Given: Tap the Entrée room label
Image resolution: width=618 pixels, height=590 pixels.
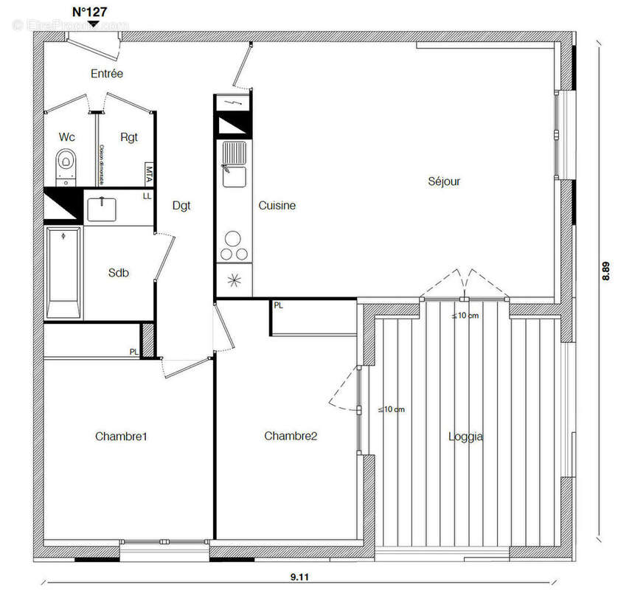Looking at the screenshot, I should pyautogui.click(x=107, y=74).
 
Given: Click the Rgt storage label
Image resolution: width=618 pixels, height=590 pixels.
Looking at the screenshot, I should pyautogui.click(x=129, y=137).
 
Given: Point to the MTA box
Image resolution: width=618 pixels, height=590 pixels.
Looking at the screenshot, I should pyautogui.click(x=148, y=174).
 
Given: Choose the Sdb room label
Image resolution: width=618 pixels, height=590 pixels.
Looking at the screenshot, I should pyautogui.click(x=119, y=273).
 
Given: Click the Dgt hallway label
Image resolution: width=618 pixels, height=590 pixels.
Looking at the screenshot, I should pyautogui.click(x=181, y=206).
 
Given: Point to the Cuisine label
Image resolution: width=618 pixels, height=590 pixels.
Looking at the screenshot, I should pyautogui.click(x=277, y=206).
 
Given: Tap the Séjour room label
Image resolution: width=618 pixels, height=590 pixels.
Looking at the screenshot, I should pyautogui.click(x=444, y=181).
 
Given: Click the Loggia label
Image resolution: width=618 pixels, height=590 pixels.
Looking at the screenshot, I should pyautogui.click(x=466, y=437).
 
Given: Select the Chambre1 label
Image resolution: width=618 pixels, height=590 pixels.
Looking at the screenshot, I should pyautogui.click(x=122, y=437).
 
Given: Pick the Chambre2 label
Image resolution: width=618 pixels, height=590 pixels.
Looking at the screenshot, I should pyautogui.click(x=291, y=437).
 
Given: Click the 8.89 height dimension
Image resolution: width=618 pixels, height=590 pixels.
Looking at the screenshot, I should pyautogui.click(x=605, y=271).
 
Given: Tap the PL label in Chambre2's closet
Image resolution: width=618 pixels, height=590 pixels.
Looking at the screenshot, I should pyautogui.click(x=278, y=305).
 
